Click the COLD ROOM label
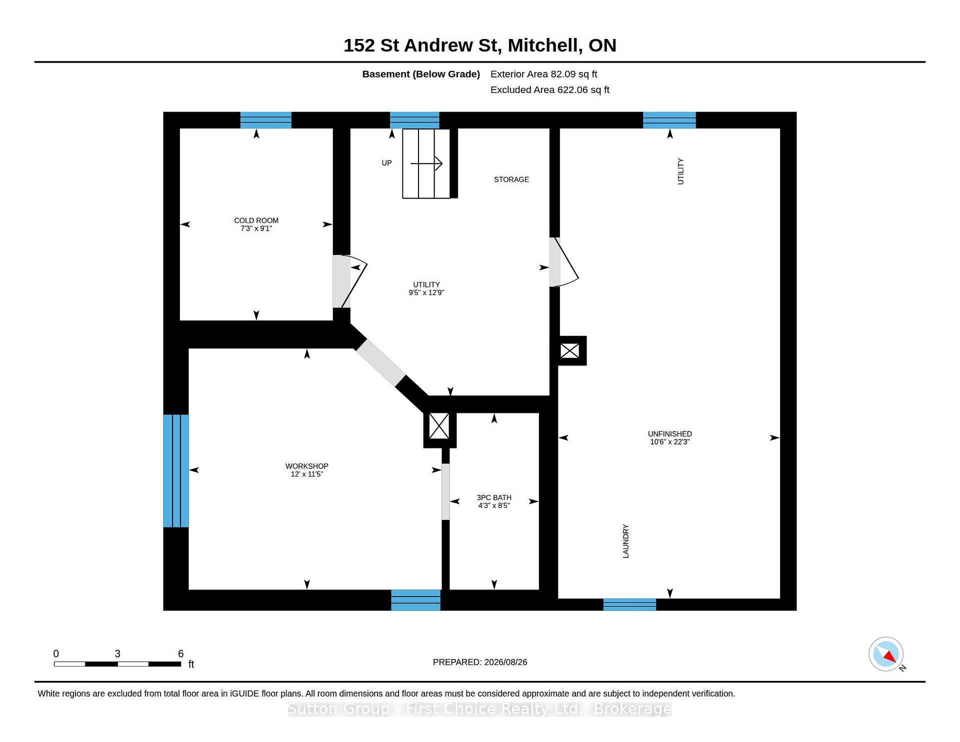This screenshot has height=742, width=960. [x=256, y=220]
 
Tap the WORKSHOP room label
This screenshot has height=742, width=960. [x=307, y=466]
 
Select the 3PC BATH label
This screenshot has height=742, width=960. [x=494, y=497]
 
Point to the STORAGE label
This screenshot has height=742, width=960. [x=511, y=179]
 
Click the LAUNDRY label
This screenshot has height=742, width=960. [x=625, y=541]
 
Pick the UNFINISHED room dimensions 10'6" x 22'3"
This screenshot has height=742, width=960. [x=670, y=442]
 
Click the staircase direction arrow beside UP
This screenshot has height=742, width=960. [x=426, y=163]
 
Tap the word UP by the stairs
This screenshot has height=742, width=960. [x=386, y=163]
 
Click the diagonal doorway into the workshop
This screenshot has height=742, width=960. [x=380, y=363]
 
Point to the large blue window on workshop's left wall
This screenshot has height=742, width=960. [x=176, y=470]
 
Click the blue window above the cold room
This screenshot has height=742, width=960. [x=266, y=120]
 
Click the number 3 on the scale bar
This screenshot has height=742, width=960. [x=117, y=653]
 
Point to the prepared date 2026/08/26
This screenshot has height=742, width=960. [x=505, y=662]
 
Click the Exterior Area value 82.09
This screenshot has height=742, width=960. [x=563, y=74]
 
